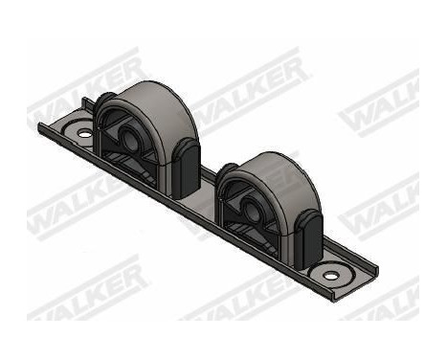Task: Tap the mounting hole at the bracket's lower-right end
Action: point(330,276)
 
